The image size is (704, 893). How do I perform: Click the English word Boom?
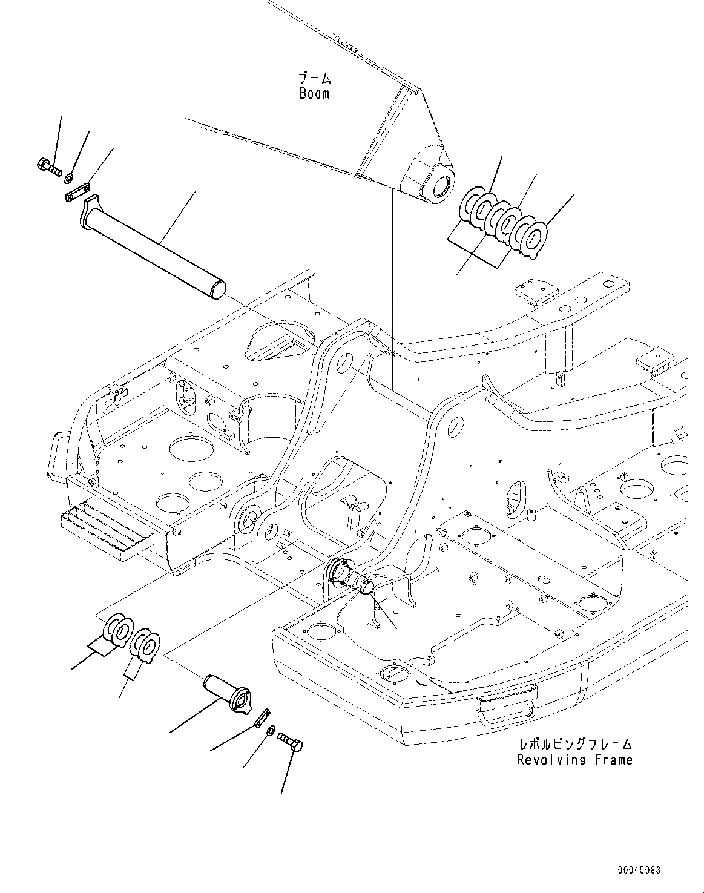point(314,93)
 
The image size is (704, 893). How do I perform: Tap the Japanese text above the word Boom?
point(315,78)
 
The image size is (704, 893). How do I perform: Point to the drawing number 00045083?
point(639,870)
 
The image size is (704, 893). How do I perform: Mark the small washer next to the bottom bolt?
point(270,730)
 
